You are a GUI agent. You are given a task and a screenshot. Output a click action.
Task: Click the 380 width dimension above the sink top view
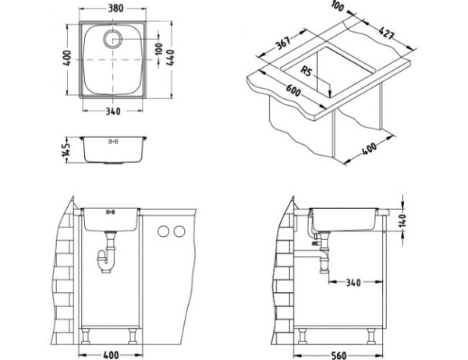pyautogui.click(x=114, y=9)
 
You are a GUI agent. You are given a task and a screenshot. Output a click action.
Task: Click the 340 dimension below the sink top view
pyautogui.click(x=114, y=111)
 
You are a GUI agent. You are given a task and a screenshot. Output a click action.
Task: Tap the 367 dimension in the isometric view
pyautogui.click(x=285, y=45)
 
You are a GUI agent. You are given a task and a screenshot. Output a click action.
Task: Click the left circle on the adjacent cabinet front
pyautogui.click(x=163, y=231)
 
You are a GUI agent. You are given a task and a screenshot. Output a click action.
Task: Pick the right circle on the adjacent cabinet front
pyautogui.click(x=179, y=231)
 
